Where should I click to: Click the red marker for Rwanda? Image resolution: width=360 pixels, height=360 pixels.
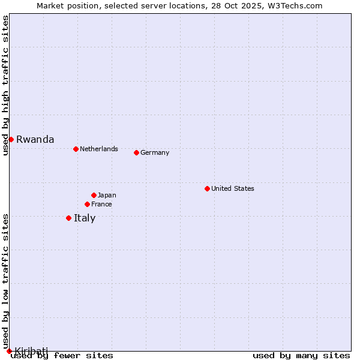coord(11,139)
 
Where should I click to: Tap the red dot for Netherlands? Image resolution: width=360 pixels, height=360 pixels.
coord(76,149)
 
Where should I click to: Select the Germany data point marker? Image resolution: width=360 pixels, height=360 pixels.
coord(136,152)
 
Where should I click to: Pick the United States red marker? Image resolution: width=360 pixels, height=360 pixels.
coord(207,188)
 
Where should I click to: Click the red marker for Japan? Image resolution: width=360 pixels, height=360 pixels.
coord(94,195)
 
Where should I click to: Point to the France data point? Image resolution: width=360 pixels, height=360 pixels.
coord(87,204)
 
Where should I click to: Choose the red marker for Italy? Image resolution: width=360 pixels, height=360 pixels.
coord(68,218)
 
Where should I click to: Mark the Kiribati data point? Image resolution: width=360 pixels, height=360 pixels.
coord(9,351)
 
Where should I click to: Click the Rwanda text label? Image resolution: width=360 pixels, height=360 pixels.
coord(35,140)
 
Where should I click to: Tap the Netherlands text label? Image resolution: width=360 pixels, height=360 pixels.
coord(98,149)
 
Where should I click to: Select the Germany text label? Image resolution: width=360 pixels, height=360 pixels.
coord(155,152)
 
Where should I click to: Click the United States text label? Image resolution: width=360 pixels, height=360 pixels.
coord(232,188)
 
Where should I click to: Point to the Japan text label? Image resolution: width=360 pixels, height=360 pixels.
coord(107,195)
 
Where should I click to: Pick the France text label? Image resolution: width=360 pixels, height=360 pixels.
coord(101,204)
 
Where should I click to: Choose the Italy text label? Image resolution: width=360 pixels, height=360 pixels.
coord(85,218)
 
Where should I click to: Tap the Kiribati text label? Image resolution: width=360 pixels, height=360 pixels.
coord(31,350)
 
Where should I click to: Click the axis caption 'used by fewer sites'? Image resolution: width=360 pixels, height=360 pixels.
coord(62,356)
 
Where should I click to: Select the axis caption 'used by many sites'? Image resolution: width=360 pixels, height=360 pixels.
coord(301,356)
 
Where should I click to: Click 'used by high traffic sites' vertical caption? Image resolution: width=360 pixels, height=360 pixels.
coord(5,85)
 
